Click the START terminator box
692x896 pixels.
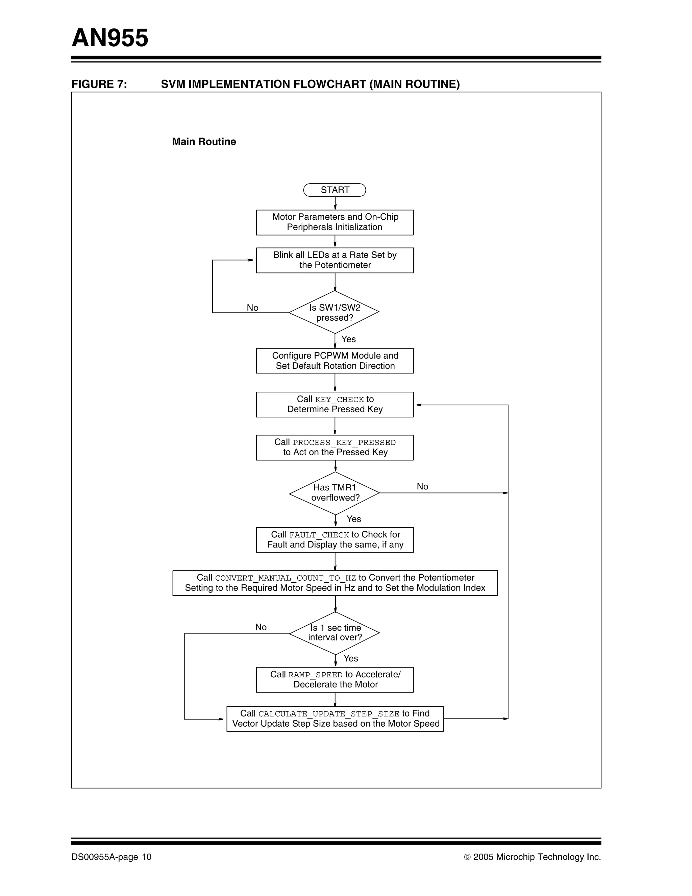click(x=334, y=190)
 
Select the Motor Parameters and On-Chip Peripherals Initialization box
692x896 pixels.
click(x=334, y=222)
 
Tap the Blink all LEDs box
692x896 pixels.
click(x=334, y=260)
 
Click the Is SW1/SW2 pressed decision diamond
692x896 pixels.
click(x=334, y=312)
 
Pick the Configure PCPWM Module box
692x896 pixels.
click(x=334, y=361)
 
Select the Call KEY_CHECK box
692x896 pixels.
click(x=334, y=405)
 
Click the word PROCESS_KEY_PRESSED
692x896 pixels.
click(x=344, y=443)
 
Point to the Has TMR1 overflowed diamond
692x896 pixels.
click(x=334, y=493)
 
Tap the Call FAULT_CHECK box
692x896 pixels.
click(x=334, y=540)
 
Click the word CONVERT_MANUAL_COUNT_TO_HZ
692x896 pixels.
click(x=286, y=578)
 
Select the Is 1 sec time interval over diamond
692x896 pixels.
click(x=334, y=633)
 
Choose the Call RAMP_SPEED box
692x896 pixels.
click(x=334, y=680)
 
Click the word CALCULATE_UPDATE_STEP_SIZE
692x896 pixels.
click(x=328, y=714)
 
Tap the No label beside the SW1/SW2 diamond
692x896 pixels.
click(x=252, y=308)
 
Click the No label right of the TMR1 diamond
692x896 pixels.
click(x=422, y=487)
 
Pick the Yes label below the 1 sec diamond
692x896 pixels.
click(x=351, y=658)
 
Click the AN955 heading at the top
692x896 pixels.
click(x=110, y=38)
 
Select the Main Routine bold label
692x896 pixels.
click(x=204, y=142)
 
